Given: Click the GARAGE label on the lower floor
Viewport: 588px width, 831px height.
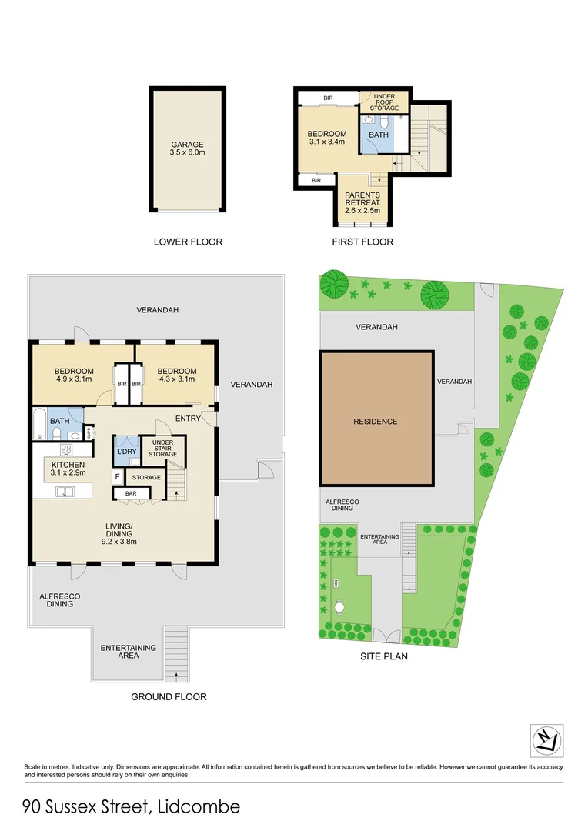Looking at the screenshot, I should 188,144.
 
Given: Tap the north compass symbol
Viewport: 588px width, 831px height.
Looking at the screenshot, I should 546,740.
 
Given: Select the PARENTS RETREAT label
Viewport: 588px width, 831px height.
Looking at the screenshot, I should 362,195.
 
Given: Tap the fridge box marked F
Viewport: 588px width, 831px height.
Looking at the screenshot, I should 118,477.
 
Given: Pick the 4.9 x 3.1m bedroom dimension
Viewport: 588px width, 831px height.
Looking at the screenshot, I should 75,379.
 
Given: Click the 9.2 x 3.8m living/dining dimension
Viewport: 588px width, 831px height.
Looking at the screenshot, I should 119,541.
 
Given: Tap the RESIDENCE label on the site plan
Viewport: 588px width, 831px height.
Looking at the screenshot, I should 376,422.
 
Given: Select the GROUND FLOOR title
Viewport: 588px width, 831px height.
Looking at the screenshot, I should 169,696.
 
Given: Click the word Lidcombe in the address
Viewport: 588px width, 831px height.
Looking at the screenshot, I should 199,806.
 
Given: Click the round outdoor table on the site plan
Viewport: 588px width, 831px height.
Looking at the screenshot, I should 339,607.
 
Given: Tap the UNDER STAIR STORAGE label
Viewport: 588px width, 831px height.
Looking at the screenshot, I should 162,449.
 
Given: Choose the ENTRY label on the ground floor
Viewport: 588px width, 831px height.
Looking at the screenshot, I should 188,418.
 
